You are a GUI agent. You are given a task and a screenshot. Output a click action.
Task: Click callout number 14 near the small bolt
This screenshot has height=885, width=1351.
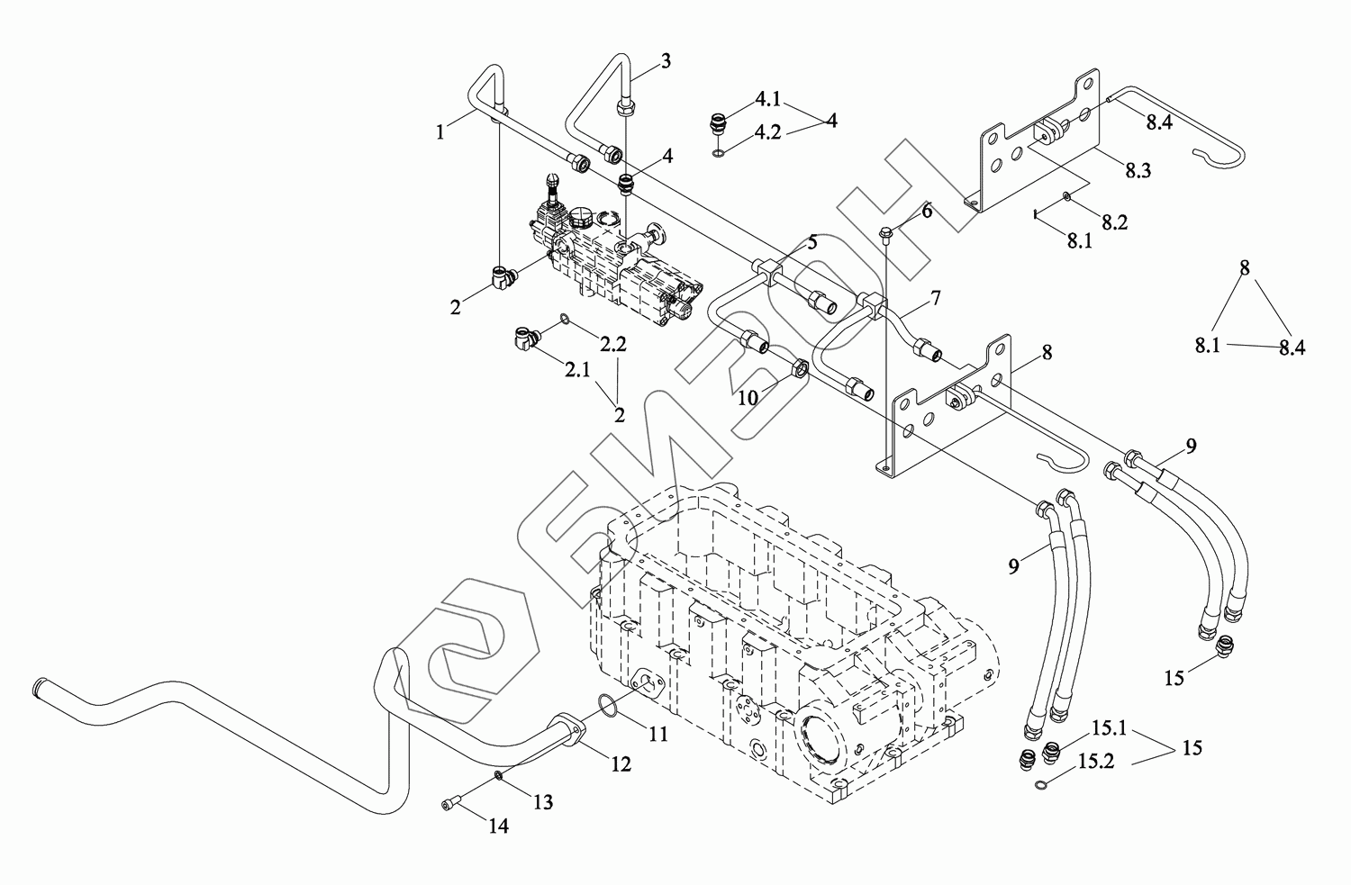pos(499,826)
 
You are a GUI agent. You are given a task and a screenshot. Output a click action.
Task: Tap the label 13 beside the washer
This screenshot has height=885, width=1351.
pos(543,802)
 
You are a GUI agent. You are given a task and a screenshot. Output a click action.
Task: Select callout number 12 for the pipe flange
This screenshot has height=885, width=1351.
pos(621,763)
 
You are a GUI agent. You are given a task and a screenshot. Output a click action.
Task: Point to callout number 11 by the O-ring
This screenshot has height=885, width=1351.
pos(658,734)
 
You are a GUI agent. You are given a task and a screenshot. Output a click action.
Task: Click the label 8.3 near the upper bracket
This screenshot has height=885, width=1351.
pos(1138,171)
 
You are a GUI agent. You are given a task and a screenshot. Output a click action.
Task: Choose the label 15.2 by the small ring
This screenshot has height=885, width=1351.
pos(1096,762)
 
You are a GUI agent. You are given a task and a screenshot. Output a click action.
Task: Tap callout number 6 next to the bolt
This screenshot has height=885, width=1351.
pos(927,212)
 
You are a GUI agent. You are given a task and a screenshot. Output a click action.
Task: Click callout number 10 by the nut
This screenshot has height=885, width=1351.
pos(748,398)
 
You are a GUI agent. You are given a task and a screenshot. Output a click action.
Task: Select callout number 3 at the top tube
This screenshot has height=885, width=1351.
pos(666,61)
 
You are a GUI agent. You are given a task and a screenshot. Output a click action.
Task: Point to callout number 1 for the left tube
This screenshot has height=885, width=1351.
pos(440,132)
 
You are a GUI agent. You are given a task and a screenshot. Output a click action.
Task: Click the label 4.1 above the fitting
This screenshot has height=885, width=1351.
pos(768,99)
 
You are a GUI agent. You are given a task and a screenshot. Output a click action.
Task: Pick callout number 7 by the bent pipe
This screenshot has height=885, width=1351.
pos(936,297)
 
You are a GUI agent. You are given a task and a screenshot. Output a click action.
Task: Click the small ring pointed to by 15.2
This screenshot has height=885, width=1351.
pos(1040,784)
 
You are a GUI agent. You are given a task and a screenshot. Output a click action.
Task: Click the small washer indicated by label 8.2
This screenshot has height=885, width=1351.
pos(1067,195)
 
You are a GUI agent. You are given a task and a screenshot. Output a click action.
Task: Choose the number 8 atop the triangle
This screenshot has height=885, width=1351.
pos(1244,267)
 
